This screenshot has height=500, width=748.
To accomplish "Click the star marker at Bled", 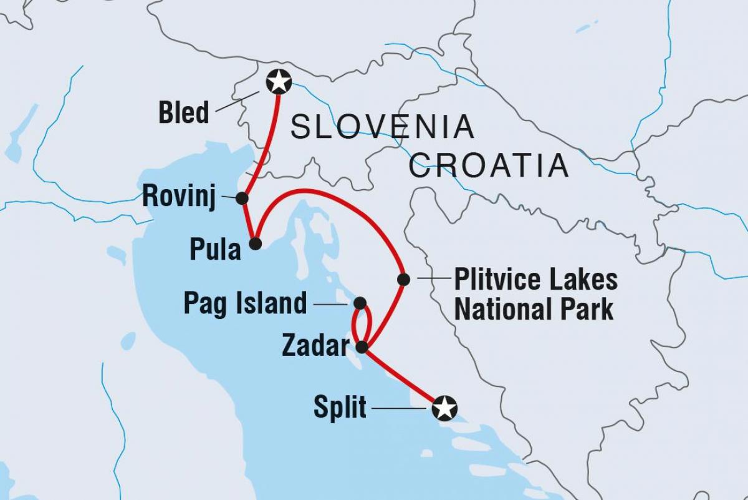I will (278, 81).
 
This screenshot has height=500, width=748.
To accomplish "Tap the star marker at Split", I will (444, 408).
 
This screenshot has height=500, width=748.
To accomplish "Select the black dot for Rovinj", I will (242, 198).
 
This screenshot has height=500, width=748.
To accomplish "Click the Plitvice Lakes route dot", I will (403, 279).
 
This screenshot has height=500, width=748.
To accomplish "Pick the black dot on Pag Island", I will (360, 303).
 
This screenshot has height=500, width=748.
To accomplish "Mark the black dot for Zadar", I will (362, 346).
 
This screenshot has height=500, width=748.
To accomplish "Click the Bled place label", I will (184, 114).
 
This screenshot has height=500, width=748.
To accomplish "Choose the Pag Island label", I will (245, 304).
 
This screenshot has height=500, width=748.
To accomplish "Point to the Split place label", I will (340, 409).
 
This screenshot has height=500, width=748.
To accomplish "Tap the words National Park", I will (534, 309).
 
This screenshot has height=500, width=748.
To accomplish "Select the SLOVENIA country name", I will (383, 127).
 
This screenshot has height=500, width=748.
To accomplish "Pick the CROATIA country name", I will (489, 165).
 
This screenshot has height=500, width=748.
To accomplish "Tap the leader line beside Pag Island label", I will (331, 304).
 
